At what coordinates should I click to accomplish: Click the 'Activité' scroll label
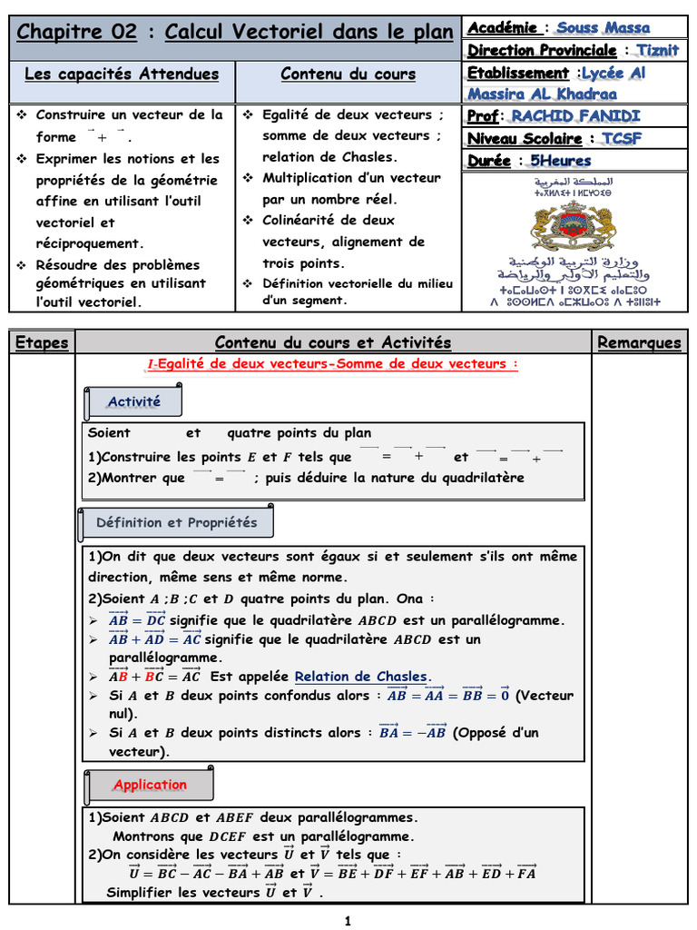[x=133, y=401]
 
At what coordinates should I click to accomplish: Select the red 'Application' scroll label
[x=150, y=785]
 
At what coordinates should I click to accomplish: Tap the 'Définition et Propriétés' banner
[x=176, y=522]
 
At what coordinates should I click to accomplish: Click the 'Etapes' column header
[x=42, y=342]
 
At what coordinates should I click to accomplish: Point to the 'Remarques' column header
[x=639, y=342]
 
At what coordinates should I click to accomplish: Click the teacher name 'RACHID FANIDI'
[x=575, y=115]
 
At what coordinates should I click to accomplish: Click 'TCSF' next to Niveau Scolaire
[x=622, y=138]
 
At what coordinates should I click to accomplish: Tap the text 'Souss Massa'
[x=604, y=27]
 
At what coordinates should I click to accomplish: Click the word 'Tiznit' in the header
[x=657, y=50]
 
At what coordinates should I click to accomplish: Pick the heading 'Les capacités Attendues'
[x=122, y=74]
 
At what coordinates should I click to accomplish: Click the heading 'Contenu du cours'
[x=348, y=74]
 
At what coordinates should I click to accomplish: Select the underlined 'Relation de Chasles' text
[x=361, y=676]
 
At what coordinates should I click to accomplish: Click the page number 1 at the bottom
[x=348, y=921]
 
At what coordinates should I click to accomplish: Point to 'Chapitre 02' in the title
[x=77, y=33]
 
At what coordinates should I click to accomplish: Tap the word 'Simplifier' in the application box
[x=143, y=893]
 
